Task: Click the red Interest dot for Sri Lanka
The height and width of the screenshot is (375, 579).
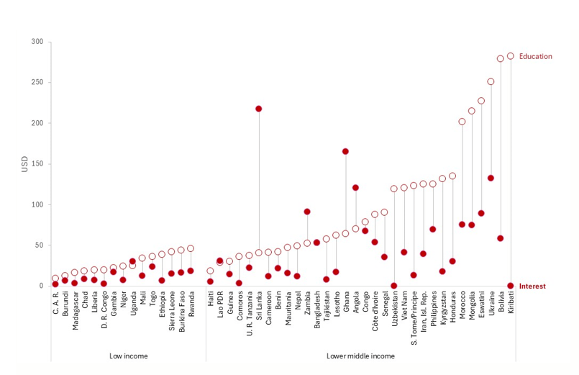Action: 258,109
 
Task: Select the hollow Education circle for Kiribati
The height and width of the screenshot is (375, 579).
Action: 510,56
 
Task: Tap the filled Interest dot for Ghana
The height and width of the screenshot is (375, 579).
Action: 345,151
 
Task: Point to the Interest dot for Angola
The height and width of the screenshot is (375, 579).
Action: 355,188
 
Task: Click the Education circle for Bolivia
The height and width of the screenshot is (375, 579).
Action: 501,59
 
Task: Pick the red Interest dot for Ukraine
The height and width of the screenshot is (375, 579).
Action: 491,178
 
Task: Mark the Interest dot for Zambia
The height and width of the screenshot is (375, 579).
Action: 307,212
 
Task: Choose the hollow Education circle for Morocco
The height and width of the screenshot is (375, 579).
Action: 462,122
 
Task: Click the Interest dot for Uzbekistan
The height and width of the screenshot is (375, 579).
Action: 393,286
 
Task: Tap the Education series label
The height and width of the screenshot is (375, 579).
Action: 535,56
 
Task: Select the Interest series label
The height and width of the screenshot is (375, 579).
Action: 532,286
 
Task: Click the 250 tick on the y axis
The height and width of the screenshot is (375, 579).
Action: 35,83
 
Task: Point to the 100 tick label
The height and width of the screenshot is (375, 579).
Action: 35,205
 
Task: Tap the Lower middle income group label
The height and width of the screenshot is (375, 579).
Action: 360,355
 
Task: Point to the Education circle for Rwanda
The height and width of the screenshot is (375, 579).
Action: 191,248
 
